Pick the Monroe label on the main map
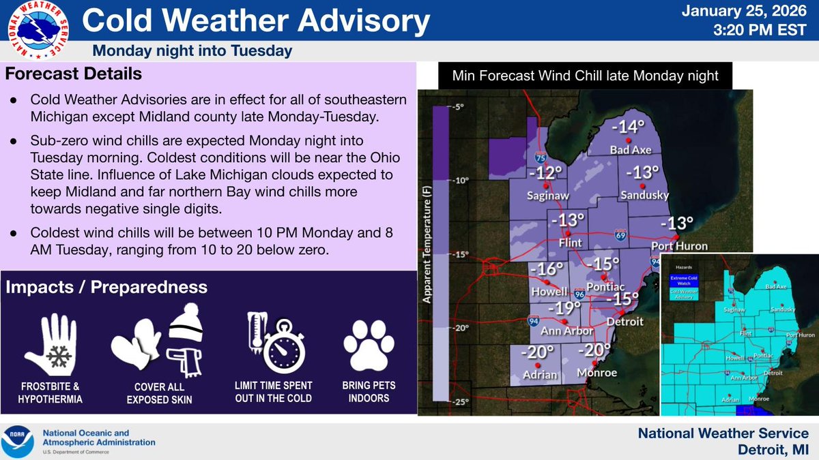[597, 372]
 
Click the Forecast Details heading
[76, 73]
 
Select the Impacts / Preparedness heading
[106, 288]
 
